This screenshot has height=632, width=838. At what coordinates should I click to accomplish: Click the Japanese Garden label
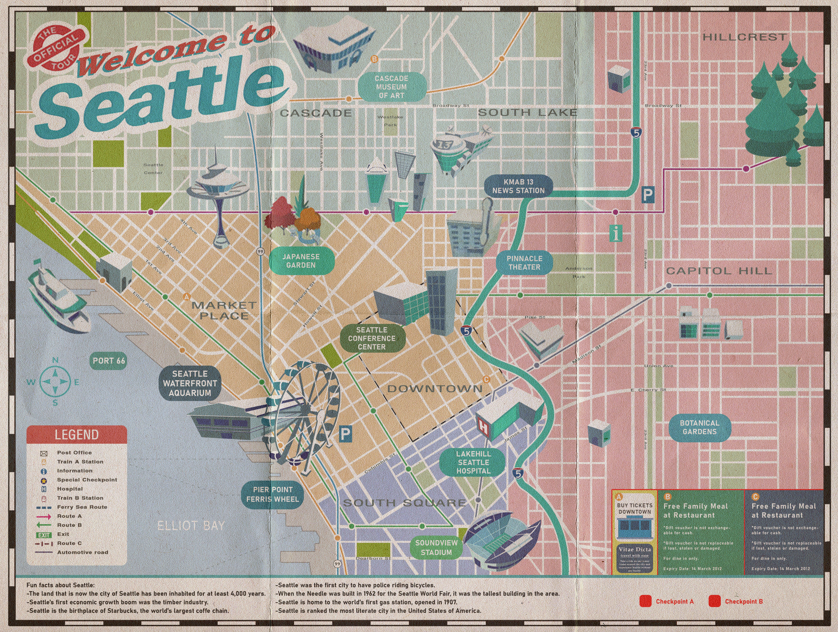point(301,261)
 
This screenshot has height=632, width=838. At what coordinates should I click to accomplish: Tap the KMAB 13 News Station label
point(518,186)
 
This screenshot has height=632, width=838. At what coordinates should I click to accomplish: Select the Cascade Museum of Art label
point(391,87)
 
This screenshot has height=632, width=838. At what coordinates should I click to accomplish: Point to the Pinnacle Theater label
point(524,262)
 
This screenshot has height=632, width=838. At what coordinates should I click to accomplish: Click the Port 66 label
point(109,361)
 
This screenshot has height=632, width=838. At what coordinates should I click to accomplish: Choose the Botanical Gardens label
point(699,427)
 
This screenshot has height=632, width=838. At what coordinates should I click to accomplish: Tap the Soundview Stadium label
point(436,547)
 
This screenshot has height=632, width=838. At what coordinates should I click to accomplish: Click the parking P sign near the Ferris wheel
point(345,434)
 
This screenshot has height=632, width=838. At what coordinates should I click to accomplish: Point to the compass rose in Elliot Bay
point(55,382)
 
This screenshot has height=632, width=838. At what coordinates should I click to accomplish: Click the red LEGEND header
point(77,434)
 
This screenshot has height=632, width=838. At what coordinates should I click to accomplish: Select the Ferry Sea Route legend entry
point(82,507)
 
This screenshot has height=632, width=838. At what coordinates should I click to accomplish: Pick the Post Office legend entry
point(74,452)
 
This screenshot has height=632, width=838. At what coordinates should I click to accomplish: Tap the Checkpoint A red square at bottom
point(645,601)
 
